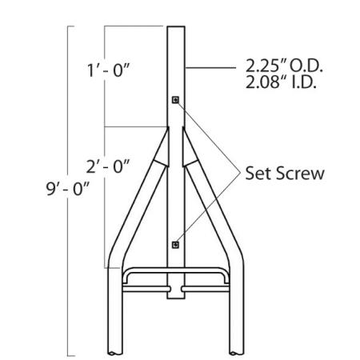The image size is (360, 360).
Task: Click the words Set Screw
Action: tap(284, 174)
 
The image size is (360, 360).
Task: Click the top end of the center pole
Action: tap(175, 28)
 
